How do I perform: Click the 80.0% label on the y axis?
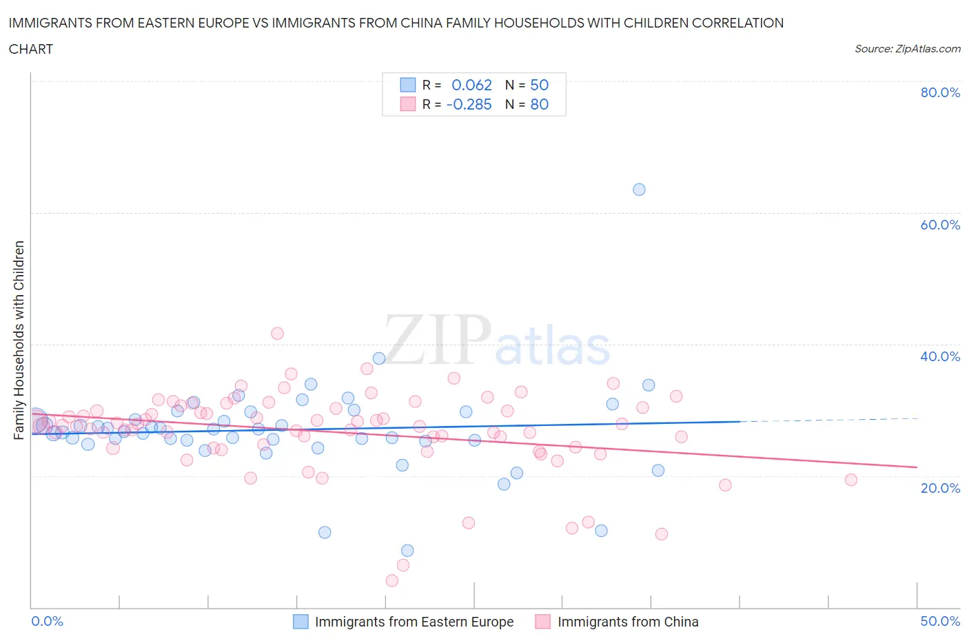[x=940, y=92]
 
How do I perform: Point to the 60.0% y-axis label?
[x=940, y=225]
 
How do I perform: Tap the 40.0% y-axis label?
[x=940, y=356]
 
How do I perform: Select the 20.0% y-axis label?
[x=940, y=488]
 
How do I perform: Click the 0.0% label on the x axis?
[x=48, y=621]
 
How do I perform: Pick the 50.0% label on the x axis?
[x=940, y=621]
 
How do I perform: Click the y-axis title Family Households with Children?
[x=19, y=340]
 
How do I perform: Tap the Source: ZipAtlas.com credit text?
[x=907, y=49]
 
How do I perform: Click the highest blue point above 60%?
[x=639, y=190]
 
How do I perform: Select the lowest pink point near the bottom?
[x=391, y=580]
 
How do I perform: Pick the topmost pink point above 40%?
[x=277, y=334]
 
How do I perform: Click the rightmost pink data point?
[x=850, y=480]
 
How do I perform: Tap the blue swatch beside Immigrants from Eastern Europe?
[x=300, y=622]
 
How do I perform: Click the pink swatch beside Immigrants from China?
[x=543, y=622]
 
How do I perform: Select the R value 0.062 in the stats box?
[x=471, y=85]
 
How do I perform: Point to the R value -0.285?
[x=469, y=104]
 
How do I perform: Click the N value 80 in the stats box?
[x=539, y=104]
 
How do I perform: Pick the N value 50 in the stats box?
[x=539, y=85]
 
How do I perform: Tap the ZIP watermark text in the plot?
[x=438, y=340]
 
